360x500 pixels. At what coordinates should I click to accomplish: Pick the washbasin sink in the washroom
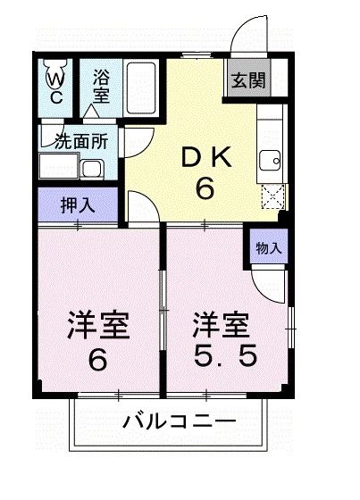point(91,167)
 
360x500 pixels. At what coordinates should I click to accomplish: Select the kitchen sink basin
point(269,161)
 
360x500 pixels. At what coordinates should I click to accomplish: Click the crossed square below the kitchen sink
point(272,195)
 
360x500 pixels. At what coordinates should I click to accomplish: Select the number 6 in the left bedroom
point(98,360)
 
